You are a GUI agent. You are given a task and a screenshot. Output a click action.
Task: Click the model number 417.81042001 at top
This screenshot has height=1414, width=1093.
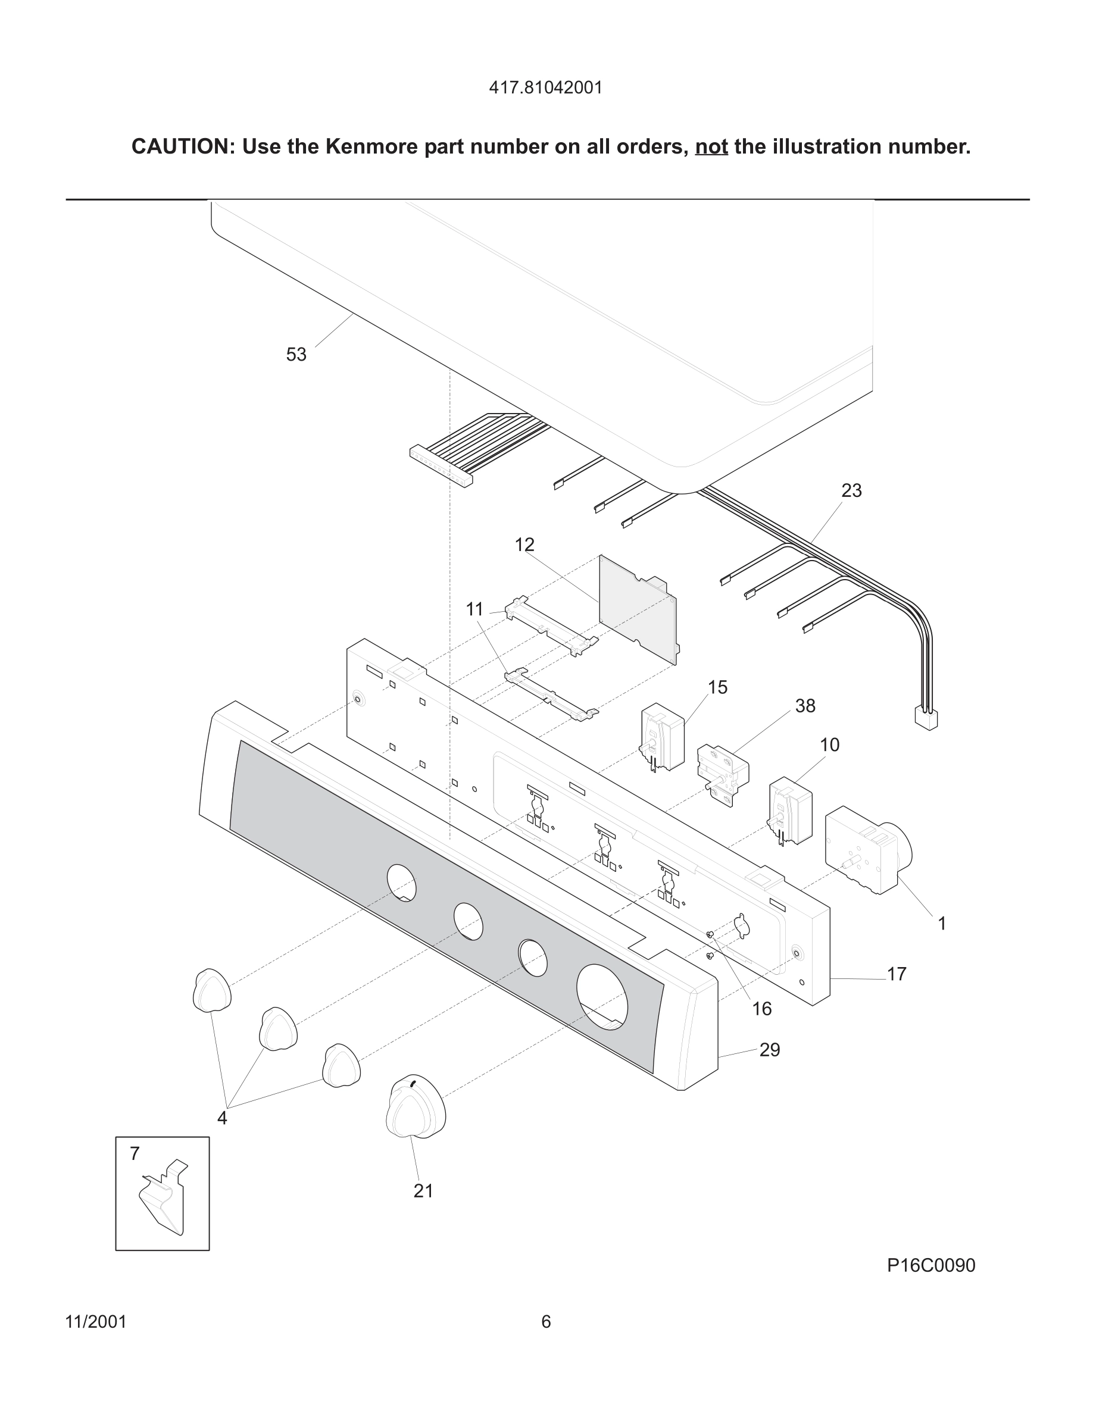(x=545, y=87)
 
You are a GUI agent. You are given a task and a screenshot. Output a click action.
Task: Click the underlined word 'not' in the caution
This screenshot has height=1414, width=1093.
(x=711, y=147)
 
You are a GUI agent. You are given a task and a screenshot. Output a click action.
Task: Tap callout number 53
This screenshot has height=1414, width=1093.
(x=296, y=355)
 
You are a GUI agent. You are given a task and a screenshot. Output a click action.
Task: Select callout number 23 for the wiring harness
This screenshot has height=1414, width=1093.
(x=851, y=491)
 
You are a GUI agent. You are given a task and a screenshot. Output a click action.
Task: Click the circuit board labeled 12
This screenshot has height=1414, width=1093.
(x=637, y=609)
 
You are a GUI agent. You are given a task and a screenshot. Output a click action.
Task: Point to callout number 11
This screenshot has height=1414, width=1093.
(x=474, y=609)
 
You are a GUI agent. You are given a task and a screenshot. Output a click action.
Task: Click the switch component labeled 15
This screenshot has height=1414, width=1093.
(x=663, y=737)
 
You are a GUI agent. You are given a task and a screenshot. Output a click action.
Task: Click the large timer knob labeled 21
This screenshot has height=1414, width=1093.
(x=415, y=1110)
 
